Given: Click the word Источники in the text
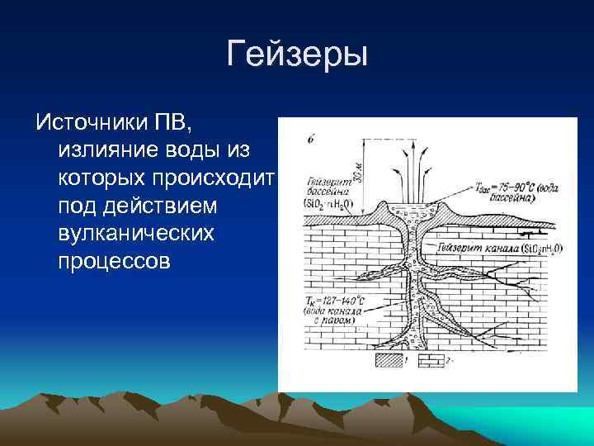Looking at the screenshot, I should (93, 124).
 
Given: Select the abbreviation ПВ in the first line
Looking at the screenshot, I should (176, 124).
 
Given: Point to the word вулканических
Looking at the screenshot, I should (136, 234).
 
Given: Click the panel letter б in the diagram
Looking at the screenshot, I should (309, 139).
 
